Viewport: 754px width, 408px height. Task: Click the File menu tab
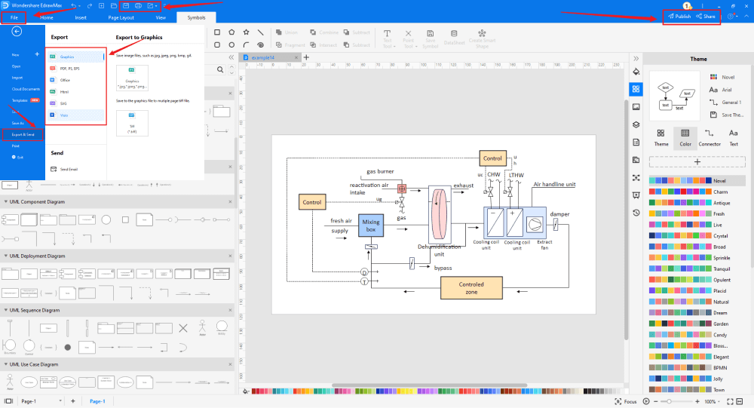click(x=14, y=17)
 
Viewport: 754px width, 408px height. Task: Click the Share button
click(x=706, y=16)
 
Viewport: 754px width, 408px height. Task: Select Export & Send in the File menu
click(x=23, y=134)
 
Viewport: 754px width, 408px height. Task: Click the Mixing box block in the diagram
click(x=371, y=225)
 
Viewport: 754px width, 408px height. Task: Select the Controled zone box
click(x=471, y=288)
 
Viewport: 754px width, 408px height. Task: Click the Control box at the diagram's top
click(x=492, y=158)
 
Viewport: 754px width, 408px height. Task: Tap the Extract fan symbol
click(x=535, y=225)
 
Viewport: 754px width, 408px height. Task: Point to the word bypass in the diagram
click(x=444, y=268)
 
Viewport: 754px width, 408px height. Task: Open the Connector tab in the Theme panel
click(x=710, y=137)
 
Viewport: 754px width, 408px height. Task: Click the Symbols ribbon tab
click(x=195, y=17)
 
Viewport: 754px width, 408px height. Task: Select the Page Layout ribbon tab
click(x=121, y=17)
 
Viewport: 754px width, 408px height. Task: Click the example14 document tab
click(x=263, y=57)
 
